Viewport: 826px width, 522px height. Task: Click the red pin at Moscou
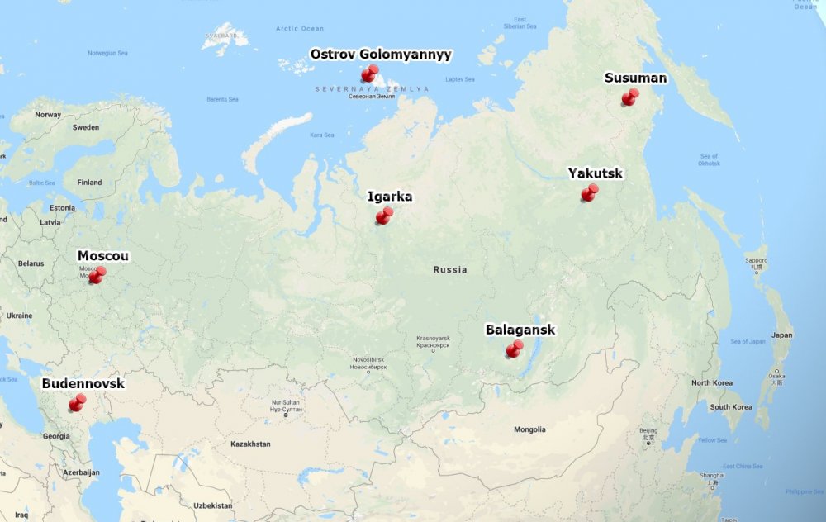97,275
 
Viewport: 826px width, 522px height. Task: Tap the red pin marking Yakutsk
589,193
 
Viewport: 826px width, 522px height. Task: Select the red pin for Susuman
630,97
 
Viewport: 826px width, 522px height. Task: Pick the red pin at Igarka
384,216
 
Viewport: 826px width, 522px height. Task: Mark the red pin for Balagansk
515,349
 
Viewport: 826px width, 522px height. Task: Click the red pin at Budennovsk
78,403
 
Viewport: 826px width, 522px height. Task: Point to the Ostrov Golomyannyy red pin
369,74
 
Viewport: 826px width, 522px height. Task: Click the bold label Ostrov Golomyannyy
381,55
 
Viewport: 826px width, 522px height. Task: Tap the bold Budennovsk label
83,384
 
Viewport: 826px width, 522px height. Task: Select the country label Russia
450,270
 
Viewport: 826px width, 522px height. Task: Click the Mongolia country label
529,429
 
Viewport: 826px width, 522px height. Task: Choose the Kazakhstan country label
250,444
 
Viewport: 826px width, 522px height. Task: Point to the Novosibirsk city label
369,360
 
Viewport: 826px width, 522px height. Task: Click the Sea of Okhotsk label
709,159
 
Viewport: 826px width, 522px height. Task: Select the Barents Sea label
222,99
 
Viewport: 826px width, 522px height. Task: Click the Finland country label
89,183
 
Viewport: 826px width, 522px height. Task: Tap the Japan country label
781,335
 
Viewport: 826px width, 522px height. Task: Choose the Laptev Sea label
460,79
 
